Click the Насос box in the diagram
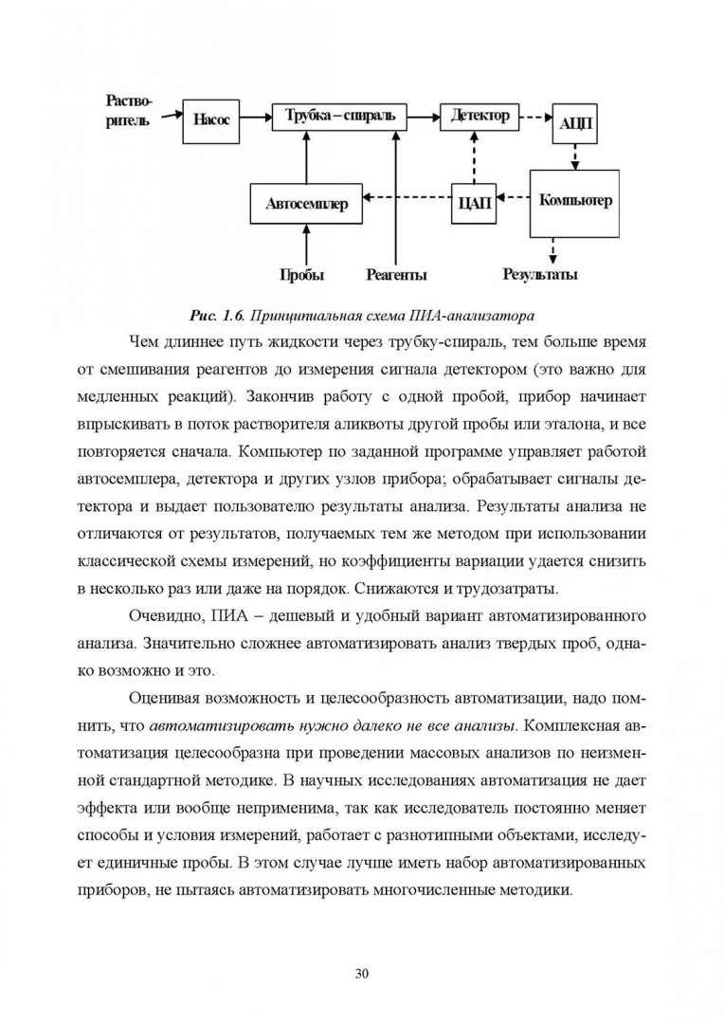tap(211, 120)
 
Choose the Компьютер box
tap(574, 202)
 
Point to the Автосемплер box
tap(306, 203)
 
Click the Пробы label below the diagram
tap(301, 275)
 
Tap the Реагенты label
tap(395, 275)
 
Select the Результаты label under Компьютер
tap(540, 275)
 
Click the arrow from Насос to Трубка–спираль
tap(257, 117)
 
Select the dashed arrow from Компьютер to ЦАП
tap(514, 198)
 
